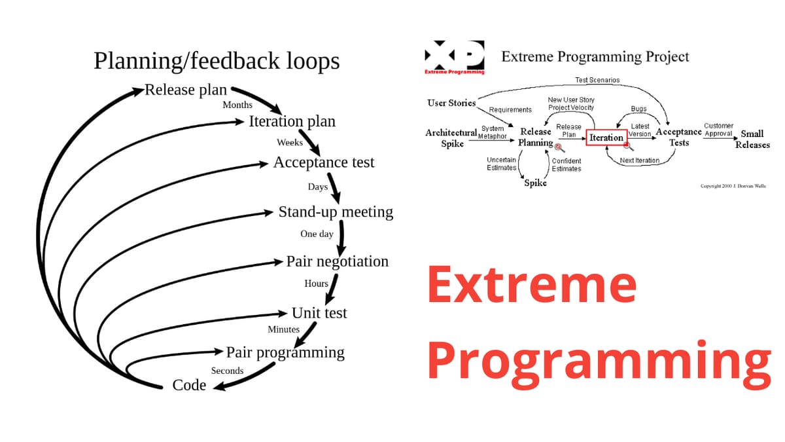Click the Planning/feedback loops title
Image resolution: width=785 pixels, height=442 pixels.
click(x=217, y=60)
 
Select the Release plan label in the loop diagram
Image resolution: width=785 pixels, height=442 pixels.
click(x=186, y=90)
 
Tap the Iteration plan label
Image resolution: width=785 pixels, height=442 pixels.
click(x=292, y=121)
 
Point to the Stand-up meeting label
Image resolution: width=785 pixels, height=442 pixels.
click(x=336, y=212)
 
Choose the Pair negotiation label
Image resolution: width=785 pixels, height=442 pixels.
click(x=337, y=261)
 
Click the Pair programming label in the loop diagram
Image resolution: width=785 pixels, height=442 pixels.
click(x=285, y=352)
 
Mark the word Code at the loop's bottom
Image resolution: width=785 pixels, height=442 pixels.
click(x=189, y=385)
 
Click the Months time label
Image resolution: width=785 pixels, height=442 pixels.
click(x=237, y=105)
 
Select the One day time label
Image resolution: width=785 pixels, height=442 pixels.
click(x=317, y=234)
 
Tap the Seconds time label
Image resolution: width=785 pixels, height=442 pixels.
click(x=227, y=371)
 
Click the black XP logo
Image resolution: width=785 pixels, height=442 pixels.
click(x=455, y=55)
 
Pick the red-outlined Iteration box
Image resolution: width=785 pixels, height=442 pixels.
click(x=606, y=138)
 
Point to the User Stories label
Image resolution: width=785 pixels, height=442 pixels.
click(x=451, y=103)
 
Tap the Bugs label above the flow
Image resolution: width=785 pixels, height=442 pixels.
click(x=638, y=109)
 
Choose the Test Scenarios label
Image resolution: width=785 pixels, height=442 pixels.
click(x=597, y=80)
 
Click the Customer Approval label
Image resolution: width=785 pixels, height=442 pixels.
click(x=718, y=129)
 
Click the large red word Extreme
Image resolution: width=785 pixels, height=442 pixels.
click(x=532, y=285)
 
